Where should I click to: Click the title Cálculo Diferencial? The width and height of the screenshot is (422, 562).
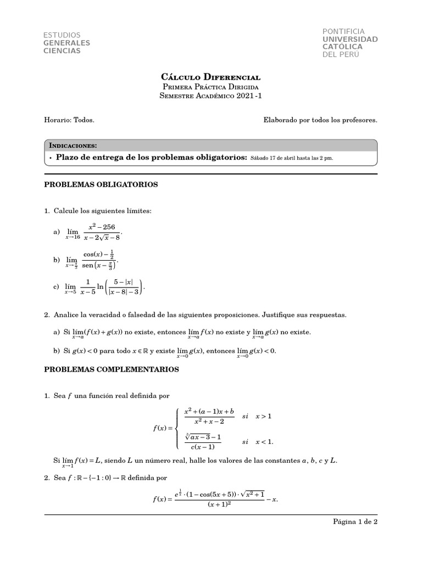pos(210,77)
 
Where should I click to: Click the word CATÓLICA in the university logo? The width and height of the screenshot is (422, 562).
pos(342,47)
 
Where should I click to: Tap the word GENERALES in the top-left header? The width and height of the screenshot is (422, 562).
pos(66,43)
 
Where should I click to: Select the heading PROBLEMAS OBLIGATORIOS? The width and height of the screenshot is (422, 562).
pos(101,185)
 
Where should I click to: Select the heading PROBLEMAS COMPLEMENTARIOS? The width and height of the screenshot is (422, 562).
pos(111,370)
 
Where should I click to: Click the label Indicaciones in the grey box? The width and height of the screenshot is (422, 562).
pos(73,145)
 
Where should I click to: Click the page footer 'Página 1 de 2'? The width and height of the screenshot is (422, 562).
pos(356,522)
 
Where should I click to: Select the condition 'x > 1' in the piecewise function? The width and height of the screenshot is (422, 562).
pos(264,416)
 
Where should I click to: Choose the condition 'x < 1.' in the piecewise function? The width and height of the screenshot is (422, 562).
pos(264,441)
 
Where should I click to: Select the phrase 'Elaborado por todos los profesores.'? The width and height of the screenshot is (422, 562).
pos(320,120)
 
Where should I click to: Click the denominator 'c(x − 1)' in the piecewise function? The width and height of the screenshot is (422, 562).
pos(203,446)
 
